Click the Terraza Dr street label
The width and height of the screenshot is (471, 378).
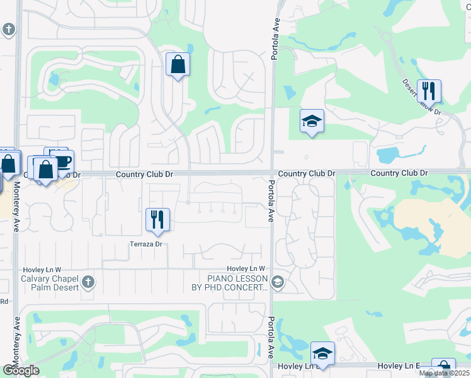click(x=146, y=244)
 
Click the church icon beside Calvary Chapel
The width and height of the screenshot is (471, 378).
click(x=88, y=283)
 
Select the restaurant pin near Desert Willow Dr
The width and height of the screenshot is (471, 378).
click(x=429, y=91)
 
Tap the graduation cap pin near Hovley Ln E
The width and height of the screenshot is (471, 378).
click(x=322, y=353)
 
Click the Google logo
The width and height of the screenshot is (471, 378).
click(x=21, y=370)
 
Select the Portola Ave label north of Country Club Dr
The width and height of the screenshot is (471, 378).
click(x=275, y=39)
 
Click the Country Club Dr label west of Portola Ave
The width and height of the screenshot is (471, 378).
click(x=144, y=173)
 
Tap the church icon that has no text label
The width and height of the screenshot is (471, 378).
click(x=8, y=30)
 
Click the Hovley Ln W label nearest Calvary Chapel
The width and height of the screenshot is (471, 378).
click(x=43, y=269)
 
